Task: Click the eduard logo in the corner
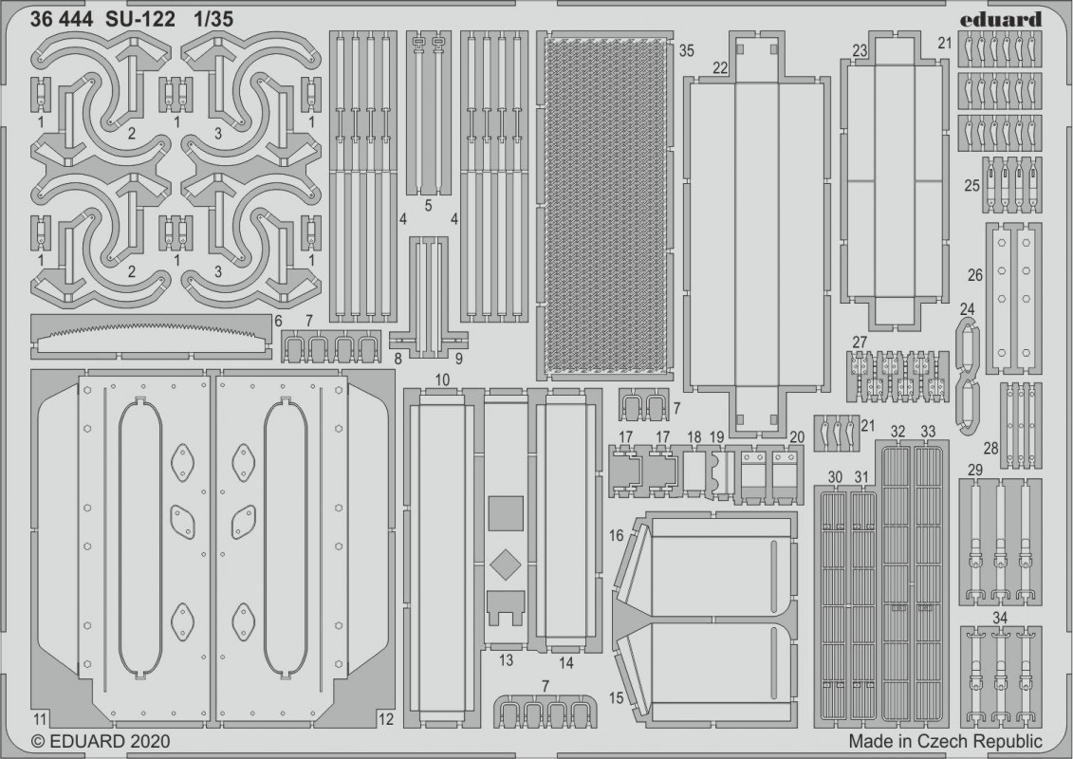click(1000, 19)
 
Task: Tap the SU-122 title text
click(140, 20)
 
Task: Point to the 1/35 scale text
click(213, 20)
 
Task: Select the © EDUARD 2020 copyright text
click(101, 741)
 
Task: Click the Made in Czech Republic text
click(945, 741)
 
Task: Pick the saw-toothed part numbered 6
click(151, 336)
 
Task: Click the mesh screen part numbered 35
click(605, 205)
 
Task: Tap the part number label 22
click(720, 67)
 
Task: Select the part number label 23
click(860, 51)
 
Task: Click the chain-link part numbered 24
click(967, 377)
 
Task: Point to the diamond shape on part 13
click(506, 564)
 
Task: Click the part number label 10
click(443, 379)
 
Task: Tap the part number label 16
click(616, 535)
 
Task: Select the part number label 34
click(1000, 619)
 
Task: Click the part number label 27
click(860, 342)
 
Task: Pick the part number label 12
click(386, 719)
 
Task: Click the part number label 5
click(429, 205)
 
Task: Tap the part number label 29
click(975, 471)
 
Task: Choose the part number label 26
click(975, 275)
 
